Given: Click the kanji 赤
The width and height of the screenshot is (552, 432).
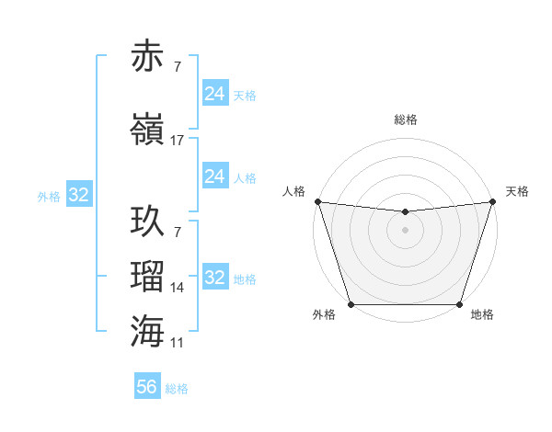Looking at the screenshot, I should pyautogui.click(x=147, y=56).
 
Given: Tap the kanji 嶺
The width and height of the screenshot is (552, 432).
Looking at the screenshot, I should pyautogui.click(x=147, y=129).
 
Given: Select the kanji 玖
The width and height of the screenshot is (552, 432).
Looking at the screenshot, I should pyautogui.click(x=147, y=222).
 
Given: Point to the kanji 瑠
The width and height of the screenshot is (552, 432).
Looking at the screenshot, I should pyautogui.click(x=147, y=275).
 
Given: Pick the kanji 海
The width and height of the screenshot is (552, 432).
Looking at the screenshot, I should pyautogui.click(x=147, y=330).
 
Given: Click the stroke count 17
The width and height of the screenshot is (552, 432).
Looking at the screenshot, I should pyautogui.click(x=178, y=141).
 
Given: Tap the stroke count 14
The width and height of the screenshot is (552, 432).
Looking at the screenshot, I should pyautogui.click(x=178, y=288).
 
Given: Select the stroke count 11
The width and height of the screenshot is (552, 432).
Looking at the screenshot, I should pyautogui.click(x=178, y=343).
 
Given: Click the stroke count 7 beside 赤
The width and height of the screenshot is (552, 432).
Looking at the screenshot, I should pyautogui.click(x=178, y=68).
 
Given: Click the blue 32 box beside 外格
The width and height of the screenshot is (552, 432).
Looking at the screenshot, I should pyautogui.click(x=78, y=195).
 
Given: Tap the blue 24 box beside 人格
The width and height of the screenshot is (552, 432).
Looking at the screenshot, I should pyautogui.click(x=214, y=176).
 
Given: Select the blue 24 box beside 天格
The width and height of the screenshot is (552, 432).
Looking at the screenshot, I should pyautogui.click(x=214, y=94).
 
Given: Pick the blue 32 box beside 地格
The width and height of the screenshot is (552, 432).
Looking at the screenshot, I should pyautogui.click(x=214, y=278).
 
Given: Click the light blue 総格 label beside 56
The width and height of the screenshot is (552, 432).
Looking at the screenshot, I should pyautogui.click(x=177, y=389).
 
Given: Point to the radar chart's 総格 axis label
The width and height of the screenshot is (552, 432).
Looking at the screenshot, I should pyautogui.click(x=405, y=119).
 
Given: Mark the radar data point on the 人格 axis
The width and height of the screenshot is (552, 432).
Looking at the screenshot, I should pyautogui.click(x=317, y=201).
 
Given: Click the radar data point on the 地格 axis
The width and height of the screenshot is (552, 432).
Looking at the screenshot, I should pyautogui.click(x=459, y=304).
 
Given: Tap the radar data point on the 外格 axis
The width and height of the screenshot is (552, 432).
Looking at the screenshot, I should pyautogui.click(x=351, y=304).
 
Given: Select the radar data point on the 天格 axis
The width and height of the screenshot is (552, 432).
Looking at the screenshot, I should pyautogui.click(x=492, y=201).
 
